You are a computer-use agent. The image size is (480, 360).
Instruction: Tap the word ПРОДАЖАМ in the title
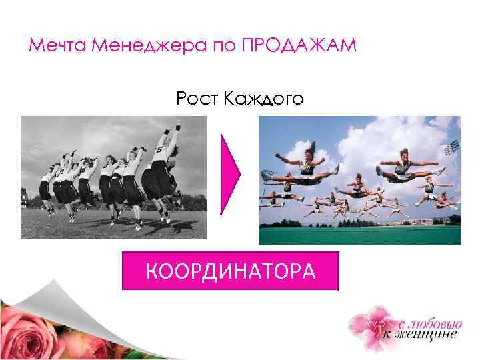[x=299, y=47]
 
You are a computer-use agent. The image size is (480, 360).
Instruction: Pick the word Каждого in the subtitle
[x=264, y=100]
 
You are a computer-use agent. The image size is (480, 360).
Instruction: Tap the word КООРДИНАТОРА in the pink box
[x=230, y=271]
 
